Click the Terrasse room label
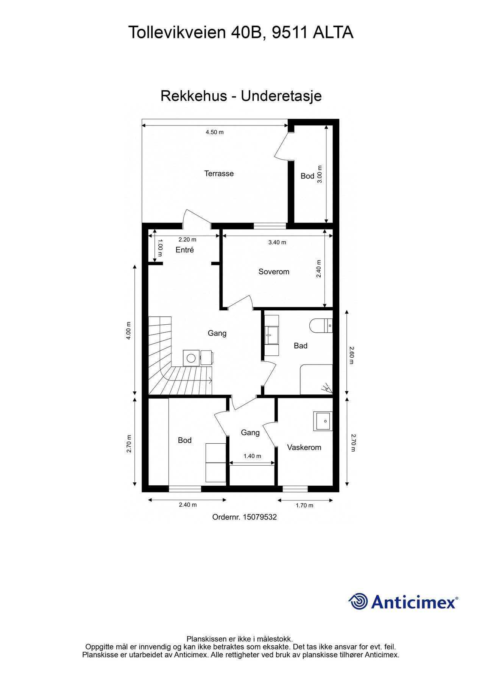tap(219, 174)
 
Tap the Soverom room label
tap(274, 272)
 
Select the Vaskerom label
tap(304, 447)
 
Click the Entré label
tap(185, 250)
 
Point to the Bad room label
tap(301, 346)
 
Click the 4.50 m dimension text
tap(215, 132)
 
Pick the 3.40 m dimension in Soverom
tap(277, 242)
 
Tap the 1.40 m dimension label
tap(252, 456)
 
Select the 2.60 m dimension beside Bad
tap(351, 355)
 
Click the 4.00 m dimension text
tap(128, 331)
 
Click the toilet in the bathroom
tap(321, 325)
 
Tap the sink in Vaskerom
tap(323, 421)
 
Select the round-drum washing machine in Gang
tap(191, 357)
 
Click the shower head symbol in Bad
tap(326, 388)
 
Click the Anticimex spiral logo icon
tap(358, 601)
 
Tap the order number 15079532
tap(260, 517)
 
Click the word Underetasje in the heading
tap(281, 96)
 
